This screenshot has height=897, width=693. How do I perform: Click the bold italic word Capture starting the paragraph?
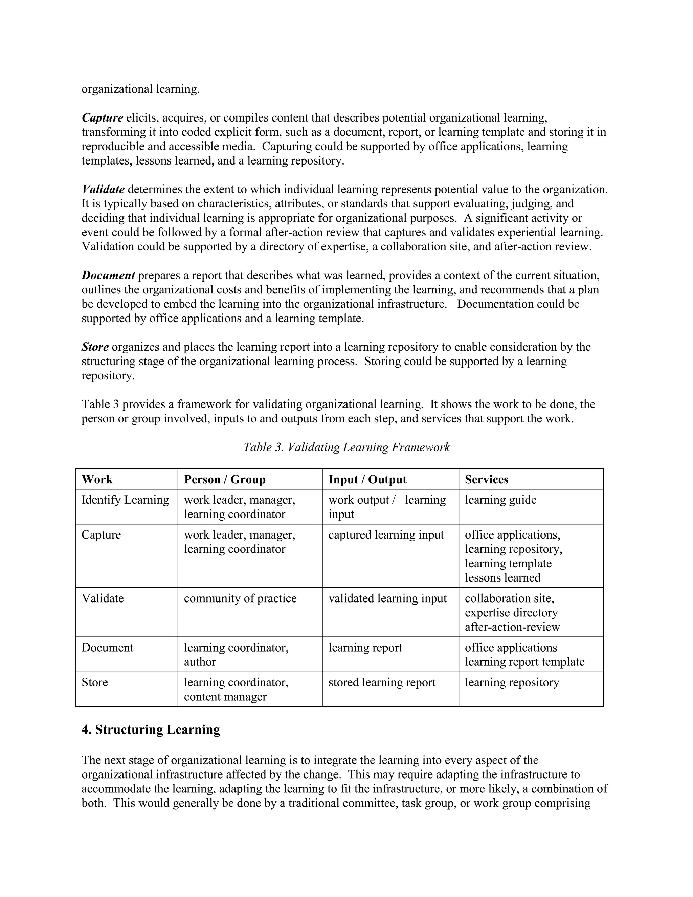pyautogui.click(x=102, y=118)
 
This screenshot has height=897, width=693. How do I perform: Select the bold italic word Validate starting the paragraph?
pyautogui.click(x=103, y=189)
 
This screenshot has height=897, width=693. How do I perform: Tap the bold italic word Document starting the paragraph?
pyautogui.click(x=108, y=275)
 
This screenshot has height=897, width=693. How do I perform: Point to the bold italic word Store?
pyautogui.click(x=95, y=347)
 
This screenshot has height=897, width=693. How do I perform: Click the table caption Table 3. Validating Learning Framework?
pyautogui.click(x=346, y=447)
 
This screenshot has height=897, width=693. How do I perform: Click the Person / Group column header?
pyautogui.click(x=225, y=479)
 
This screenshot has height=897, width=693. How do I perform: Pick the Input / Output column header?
pyautogui.click(x=367, y=479)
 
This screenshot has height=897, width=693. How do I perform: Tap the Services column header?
pyautogui.click(x=487, y=479)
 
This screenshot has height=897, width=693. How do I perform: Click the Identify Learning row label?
pyautogui.click(x=125, y=500)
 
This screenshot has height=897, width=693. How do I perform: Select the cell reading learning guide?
pyautogui.click(x=500, y=500)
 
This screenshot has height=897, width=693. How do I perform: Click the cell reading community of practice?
pyautogui.click(x=240, y=598)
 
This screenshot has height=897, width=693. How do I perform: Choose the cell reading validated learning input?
pyautogui.click(x=387, y=598)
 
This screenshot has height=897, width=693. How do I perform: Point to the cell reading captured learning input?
pyautogui.click(x=386, y=535)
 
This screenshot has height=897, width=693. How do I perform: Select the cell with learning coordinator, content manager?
pyautogui.click(x=236, y=690)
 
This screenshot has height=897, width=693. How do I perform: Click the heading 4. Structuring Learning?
pyautogui.click(x=151, y=729)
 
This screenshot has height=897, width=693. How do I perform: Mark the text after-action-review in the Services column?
pyautogui.click(x=512, y=627)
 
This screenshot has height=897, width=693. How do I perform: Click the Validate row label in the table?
pyautogui.click(x=103, y=598)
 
